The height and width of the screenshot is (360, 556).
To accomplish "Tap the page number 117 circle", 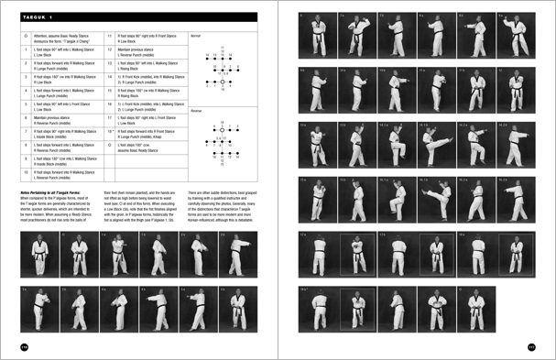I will (531, 345).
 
